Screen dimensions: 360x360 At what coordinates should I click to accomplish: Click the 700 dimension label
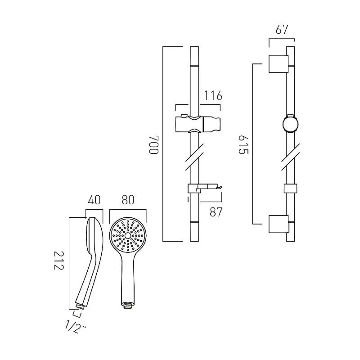[x=154, y=144]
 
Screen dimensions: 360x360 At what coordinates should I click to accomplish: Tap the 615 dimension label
[x=243, y=144]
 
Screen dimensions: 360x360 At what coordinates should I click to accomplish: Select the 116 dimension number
[x=213, y=96]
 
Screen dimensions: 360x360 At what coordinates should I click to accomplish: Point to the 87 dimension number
[x=216, y=212]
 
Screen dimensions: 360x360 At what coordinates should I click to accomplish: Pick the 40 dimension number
[x=94, y=199]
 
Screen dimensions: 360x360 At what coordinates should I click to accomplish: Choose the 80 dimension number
[x=128, y=199]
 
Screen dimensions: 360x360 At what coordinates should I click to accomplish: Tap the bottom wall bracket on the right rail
[x=277, y=225]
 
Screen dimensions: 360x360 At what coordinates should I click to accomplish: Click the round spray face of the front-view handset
[x=128, y=236]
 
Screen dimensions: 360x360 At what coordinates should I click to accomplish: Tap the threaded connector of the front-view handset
[x=128, y=305]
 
